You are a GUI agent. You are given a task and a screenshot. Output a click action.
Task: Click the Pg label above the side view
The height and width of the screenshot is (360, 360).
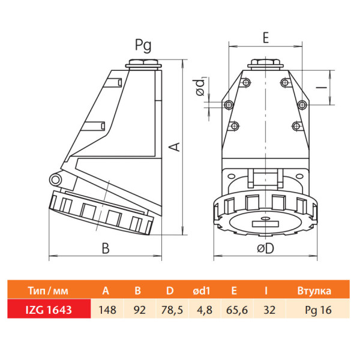point(143,45)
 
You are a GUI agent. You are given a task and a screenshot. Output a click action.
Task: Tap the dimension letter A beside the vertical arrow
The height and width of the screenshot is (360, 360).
point(175,147)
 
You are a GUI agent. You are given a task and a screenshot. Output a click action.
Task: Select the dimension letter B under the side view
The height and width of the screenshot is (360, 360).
point(106,248)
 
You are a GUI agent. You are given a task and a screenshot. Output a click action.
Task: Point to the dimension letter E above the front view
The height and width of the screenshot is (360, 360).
point(266,38)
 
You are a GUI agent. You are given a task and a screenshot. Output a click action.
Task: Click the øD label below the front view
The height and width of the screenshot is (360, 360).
point(266,248)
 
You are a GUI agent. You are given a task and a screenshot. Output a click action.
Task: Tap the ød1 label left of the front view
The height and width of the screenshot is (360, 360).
point(199,87)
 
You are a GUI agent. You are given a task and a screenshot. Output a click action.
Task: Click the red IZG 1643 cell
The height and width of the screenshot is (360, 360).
point(49,310)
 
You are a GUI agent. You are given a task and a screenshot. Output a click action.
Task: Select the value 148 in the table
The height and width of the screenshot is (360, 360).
point(107,310)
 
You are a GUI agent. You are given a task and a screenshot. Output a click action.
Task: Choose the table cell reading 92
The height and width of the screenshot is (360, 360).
point(140,310)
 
